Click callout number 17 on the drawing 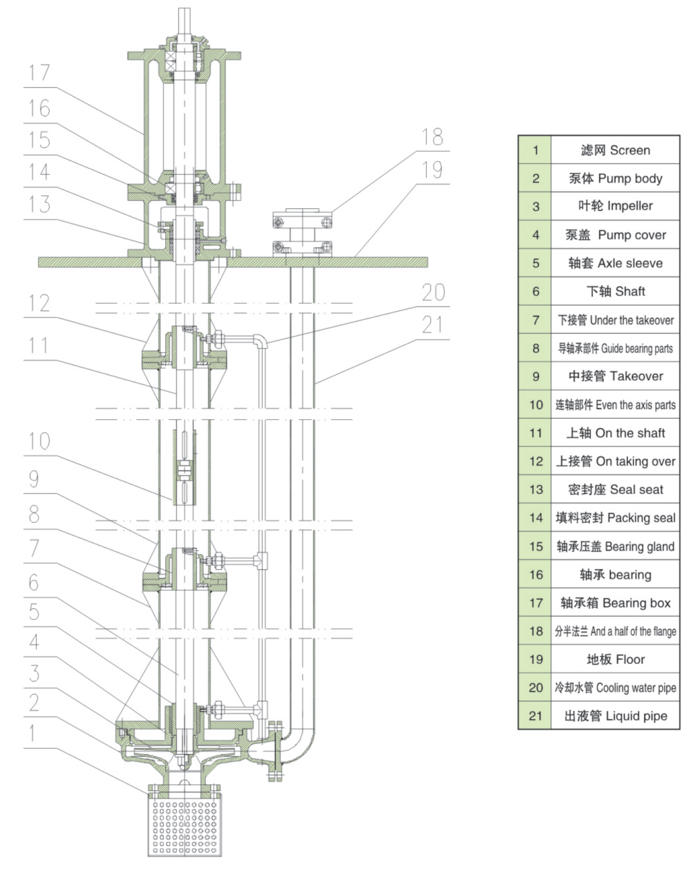pyautogui.click(x=39, y=73)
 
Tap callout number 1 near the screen pyautogui.click(x=33, y=733)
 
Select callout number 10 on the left pyautogui.click(x=39, y=441)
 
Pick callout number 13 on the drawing pyautogui.click(x=39, y=204)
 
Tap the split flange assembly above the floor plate pyautogui.click(x=302, y=234)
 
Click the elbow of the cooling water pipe pyautogui.click(x=261, y=340)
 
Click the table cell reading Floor pyautogui.click(x=615, y=659)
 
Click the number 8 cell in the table pyautogui.click(x=535, y=349)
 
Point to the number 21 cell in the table pyautogui.click(x=535, y=716)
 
